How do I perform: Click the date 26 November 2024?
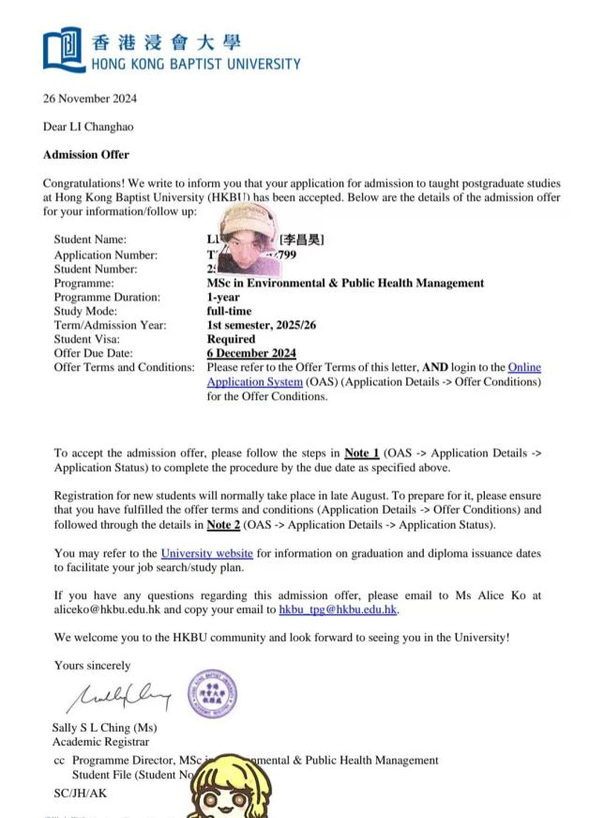coord(90,98)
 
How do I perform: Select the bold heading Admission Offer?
coord(86,155)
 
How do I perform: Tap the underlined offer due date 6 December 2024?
coord(251,353)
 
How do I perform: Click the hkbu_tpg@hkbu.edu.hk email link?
coord(339,610)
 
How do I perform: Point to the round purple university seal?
coord(213,695)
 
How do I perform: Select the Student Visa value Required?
coord(231,339)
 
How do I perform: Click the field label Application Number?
coord(106,255)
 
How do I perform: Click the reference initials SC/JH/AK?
coord(81,794)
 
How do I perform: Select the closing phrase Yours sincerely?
coord(93,666)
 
